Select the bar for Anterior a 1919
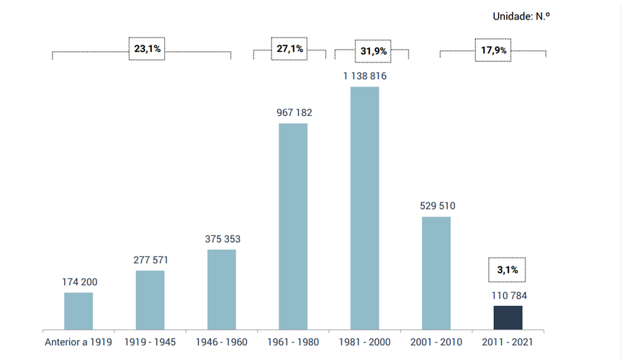point(78,311)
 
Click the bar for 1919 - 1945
point(150,300)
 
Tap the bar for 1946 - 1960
point(222,289)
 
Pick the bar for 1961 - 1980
point(293,226)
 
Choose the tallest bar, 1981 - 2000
point(364,208)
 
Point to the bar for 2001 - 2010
point(436,273)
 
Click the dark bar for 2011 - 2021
point(508,318)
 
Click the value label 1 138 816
point(364,76)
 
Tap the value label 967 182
point(294,112)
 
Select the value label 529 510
point(437,206)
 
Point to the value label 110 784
point(508,295)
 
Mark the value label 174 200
point(79,282)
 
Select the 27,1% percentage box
point(290,49)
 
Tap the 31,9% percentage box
point(373,51)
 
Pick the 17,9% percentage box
point(493,50)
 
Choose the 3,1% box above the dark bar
point(508,270)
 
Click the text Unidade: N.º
point(521,16)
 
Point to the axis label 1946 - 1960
point(222,342)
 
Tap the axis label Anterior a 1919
point(78,342)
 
